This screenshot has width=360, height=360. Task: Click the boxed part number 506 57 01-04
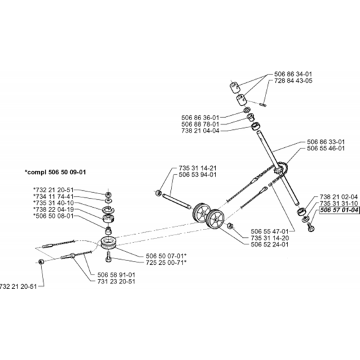339,210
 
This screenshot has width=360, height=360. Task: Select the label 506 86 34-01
293,74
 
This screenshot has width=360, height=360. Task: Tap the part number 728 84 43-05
293,81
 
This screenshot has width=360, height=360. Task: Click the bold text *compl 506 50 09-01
55,172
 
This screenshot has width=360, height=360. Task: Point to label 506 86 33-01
326,142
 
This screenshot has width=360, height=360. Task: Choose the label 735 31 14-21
198,168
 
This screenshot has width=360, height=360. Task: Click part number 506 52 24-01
270,244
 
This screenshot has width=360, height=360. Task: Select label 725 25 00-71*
166,262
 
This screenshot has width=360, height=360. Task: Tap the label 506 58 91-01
116,275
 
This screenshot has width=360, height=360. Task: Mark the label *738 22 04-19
54,210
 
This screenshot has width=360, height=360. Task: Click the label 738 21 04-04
200,131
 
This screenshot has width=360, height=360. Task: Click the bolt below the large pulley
109,257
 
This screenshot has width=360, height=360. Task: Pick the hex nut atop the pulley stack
109,195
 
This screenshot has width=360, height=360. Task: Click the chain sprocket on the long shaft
282,170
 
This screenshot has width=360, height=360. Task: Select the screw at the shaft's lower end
311,228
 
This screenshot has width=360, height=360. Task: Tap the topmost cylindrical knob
235,87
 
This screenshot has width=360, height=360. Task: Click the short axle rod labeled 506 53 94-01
176,202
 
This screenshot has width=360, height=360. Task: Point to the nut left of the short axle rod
157,193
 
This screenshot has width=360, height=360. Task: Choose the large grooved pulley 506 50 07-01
109,242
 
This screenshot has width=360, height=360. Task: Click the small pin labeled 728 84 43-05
263,104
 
